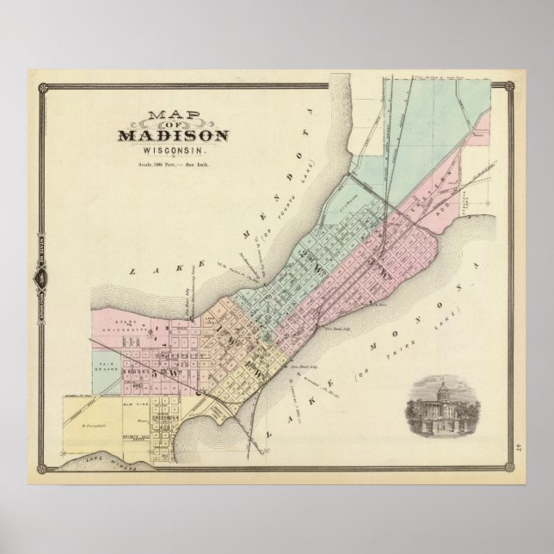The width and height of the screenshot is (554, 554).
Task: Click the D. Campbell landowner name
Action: [90, 424]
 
